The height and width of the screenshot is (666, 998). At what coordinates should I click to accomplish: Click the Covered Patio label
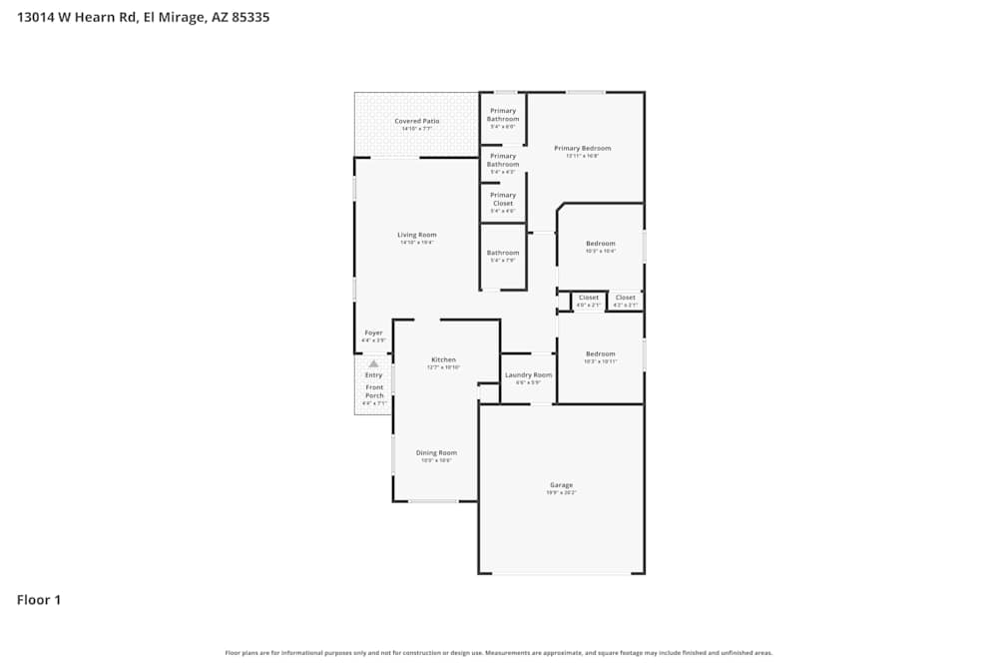tap(416, 121)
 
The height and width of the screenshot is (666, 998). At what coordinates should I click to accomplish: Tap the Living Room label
tap(417, 235)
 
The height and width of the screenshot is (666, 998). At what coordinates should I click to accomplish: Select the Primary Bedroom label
tap(582, 148)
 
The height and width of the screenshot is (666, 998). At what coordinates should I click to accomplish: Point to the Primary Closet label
tap(503, 200)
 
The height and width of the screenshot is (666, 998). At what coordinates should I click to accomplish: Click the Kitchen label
tap(443, 359)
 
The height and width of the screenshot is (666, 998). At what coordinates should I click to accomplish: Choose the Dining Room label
tap(436, 452)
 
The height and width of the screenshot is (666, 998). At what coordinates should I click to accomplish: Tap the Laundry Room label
tap(528, 374)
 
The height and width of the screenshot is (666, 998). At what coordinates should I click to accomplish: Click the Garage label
tap(561, 485)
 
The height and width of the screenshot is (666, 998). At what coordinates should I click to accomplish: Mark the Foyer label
tap(373, 333)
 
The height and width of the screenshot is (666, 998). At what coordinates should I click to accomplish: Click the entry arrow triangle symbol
tap(373, 363)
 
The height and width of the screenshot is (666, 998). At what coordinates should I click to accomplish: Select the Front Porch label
tap(374, 391)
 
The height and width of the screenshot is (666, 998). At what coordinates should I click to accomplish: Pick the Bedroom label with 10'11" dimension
tap(600, 353)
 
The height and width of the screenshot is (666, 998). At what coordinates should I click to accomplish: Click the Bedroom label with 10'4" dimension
tap(600, 244)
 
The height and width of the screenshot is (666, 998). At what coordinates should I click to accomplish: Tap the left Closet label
tap(589, 298)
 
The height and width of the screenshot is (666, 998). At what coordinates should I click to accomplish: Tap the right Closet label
tap(626, 298)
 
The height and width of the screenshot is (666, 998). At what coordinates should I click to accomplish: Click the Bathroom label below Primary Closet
tap(503, 253)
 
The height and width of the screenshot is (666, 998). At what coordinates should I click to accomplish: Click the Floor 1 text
tap(39, 600)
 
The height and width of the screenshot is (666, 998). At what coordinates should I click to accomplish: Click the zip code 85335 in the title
tap(249, 17)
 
